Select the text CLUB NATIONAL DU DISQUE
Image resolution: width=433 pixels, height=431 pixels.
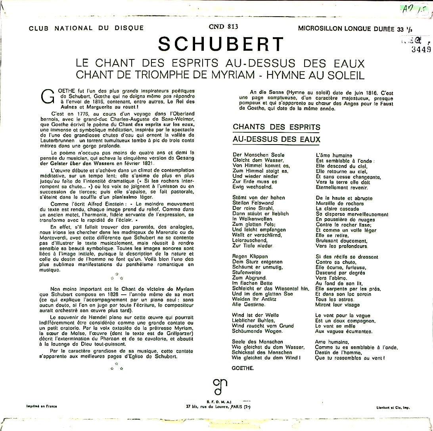(86, 28)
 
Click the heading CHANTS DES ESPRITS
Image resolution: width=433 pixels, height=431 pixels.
(276, 127)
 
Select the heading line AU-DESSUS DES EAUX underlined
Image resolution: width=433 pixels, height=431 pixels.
(276, 139)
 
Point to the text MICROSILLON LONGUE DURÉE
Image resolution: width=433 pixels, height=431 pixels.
(344, 29)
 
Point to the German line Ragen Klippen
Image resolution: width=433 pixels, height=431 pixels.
(250, 257)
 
